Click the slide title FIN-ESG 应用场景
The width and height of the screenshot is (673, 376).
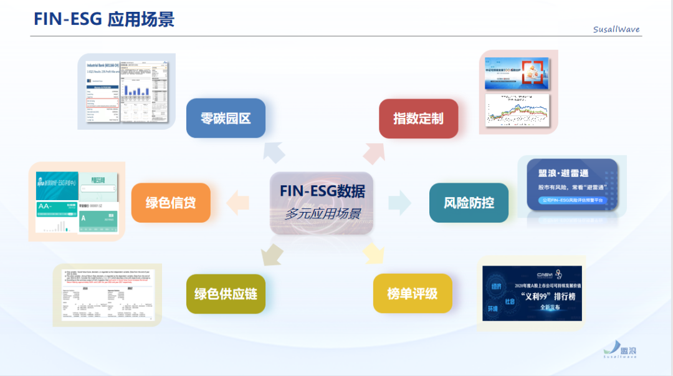coord(104,19)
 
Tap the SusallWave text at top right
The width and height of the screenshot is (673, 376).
coord(616,29)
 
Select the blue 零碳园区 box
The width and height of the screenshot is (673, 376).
coord(226,118)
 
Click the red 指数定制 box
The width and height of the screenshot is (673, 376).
coord(419,118)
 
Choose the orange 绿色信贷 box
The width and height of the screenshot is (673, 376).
coord(170,203)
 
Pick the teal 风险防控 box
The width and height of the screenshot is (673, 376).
coord(469,203)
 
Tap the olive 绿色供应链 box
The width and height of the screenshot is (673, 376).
coord(226,293)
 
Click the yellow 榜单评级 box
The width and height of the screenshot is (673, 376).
coord(413,293)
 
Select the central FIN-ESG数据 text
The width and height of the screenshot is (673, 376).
coord(322,191)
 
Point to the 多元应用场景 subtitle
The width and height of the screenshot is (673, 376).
coord(322,214)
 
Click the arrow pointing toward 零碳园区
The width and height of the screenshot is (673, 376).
coord(274,152)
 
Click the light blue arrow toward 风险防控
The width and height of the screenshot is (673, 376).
coord(399,202)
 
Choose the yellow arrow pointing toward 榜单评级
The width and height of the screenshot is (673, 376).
coord(373,253)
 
